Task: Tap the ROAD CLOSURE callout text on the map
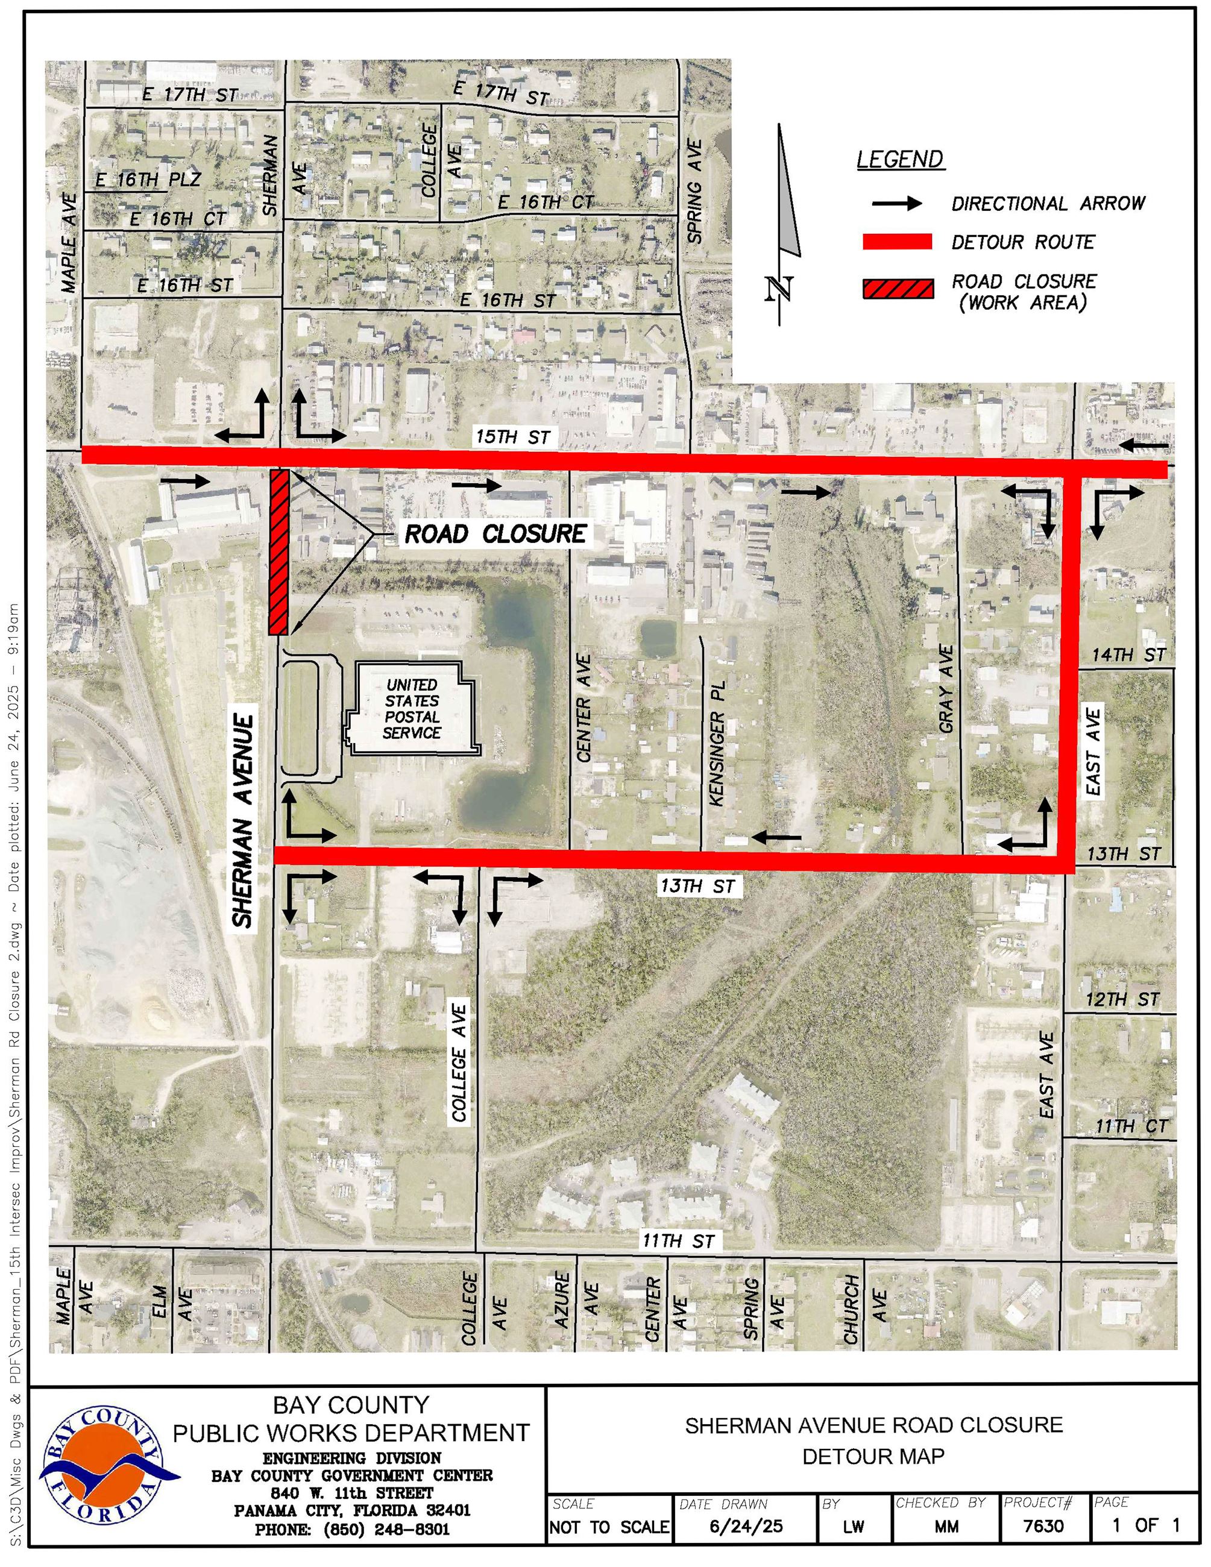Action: (x=495, y=534)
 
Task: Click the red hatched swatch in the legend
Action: (x=898, y=289)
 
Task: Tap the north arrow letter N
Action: (x=780, y=289)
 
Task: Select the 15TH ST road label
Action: (x=513, y=436)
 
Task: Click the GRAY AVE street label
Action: (x=947, y=689)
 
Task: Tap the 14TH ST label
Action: (x=1128, y=655)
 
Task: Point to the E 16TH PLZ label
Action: (x=148, y=180)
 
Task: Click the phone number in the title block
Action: (x=351, y=1529)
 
